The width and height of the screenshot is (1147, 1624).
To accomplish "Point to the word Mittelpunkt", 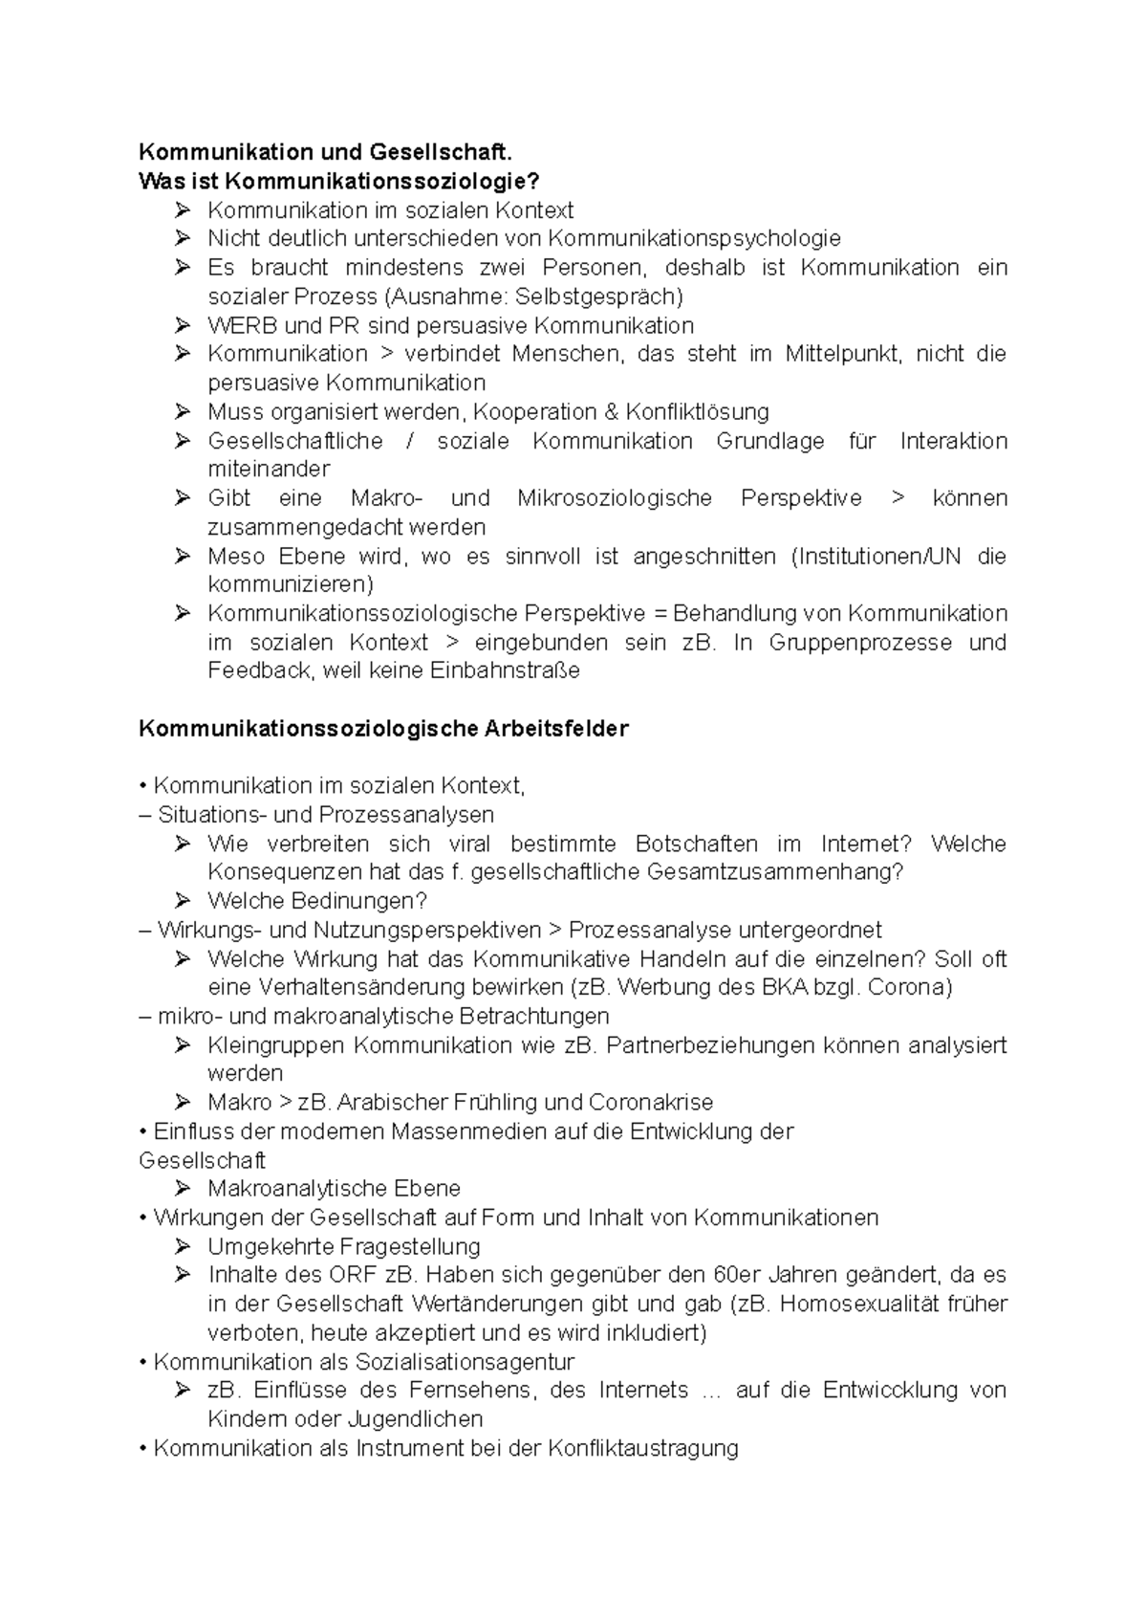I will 842,354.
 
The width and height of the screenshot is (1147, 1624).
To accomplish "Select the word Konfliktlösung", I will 697,412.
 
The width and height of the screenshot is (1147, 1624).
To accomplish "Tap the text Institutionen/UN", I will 874,557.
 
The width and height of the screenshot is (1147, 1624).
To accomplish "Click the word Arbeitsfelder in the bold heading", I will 570,729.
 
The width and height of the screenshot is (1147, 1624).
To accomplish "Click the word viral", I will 468,844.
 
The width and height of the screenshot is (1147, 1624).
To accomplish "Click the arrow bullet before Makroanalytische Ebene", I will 183,1189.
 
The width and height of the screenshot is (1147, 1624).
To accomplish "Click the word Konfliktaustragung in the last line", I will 643,1448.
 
